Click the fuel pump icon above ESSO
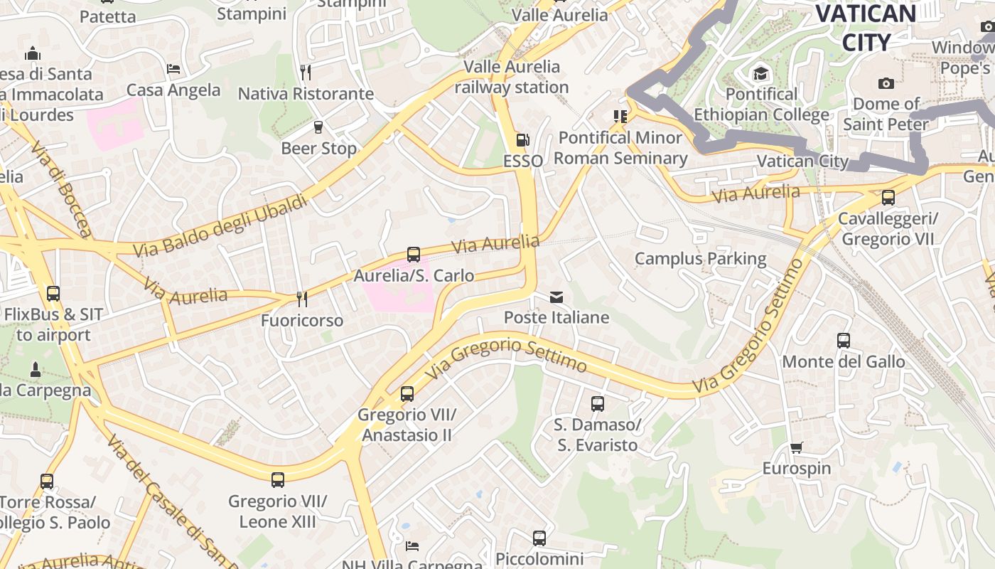pyautogui.click(x=522, y=140)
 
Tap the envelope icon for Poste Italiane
pyautogui.click(x=556, y=297)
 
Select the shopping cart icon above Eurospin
pyautogui.click(x=796, y=448)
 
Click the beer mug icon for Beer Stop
pyautogui.click(x=318, y=127)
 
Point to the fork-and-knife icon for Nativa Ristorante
pyautogui.click(x=306, y=72)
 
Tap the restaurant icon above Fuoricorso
pyautogui.click(x=302, y=299)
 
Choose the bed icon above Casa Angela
pyautogui.click(x=173, y=69)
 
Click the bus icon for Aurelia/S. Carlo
pyautogui.click(x=414, y=254)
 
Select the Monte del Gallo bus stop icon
pyautogui.click(x=844, y=341)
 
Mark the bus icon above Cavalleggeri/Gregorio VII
pyautogui.click(x=888, y=198)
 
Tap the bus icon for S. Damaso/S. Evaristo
pyautogui.click(x=598, y=404)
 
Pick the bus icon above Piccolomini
pyautogui.click(x=539, y=538)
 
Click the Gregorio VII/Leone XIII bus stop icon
pyautogui.click(x=278, y=480)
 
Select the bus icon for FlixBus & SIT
pyautogui.click(x=53, y=293)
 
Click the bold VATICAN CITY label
pyautogui.click(x=866, y=27)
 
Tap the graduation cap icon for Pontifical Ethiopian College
pyautogui.click(x=761, y=73)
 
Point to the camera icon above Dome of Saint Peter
pyautogui.click(x=886, y=83)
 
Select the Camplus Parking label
pyautogui.click(x=700, y=258)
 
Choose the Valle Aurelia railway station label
pyautogui.click(x=512, y=77)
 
